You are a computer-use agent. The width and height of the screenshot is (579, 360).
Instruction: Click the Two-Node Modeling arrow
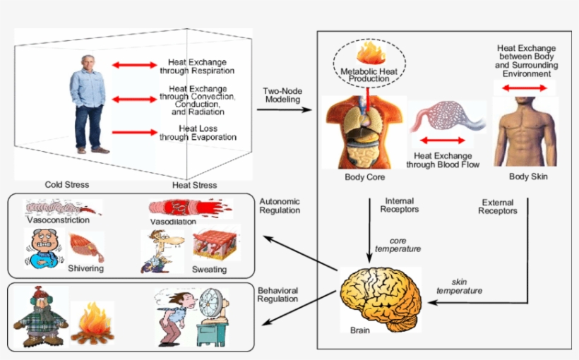[286, 109]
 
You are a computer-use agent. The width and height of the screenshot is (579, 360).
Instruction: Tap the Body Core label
[364, 176]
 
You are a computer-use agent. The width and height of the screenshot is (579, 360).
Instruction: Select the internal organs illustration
[364, 131]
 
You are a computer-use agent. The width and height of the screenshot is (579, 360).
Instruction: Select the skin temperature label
[459, 287]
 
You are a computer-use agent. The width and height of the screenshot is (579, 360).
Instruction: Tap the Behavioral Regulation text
[279, 295]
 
